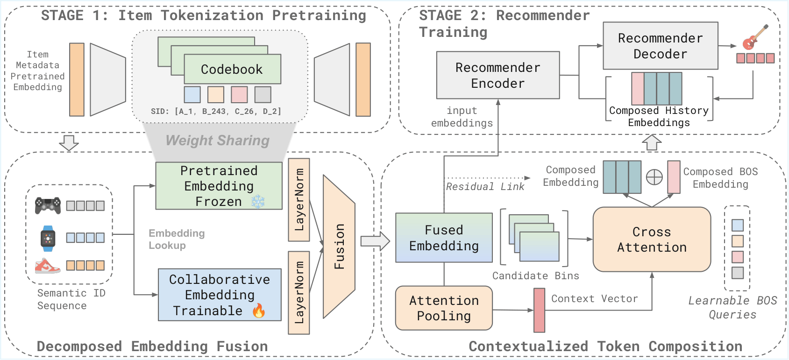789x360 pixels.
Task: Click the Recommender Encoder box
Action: pos(498,75)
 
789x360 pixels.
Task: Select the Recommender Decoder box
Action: pos(660,46)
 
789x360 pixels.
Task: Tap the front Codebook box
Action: pos(232,69)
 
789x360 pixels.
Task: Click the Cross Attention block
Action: pos(652,239)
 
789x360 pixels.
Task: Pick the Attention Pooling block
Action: pos(444,308)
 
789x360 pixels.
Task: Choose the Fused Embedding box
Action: pos(444,238)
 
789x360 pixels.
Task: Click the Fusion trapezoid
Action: pos(339,246)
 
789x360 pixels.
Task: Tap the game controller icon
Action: pos(48,205)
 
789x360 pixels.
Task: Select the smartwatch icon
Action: pos(48,238)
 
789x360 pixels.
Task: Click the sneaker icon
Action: pos(48,266)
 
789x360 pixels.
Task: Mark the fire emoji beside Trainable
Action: pos(259,311)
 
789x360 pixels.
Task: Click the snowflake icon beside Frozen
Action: pos(258,202)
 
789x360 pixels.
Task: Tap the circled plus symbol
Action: pos(654,177)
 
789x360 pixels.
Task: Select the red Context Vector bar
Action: pos(539,310)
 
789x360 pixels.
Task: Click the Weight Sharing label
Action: pos(217,141)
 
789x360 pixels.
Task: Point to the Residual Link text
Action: pos(485,187)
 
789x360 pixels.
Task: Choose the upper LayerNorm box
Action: pos(299,200)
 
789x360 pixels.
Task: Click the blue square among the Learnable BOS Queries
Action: pos(738,225)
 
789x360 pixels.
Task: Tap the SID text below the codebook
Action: pos(216,112)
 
